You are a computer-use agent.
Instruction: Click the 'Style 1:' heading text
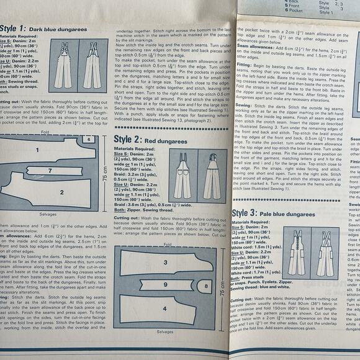tap(13, 27)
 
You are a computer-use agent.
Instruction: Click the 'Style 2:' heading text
tap(132, 141)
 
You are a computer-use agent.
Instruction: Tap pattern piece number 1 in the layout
tap(37, 150)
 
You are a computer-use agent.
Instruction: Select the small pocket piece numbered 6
tap(89, 139)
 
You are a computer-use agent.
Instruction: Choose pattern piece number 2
tap(61, 192)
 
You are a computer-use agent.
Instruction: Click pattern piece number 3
tap(165, 263)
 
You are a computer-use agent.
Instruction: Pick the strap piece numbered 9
tap(165, 284)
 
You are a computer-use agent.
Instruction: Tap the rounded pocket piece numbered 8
tap(206, 286)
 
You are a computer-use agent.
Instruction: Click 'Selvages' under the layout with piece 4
tap(165, 332)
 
